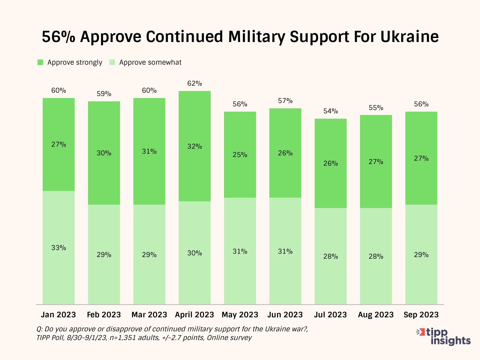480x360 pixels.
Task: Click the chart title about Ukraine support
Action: (x=240, y=37)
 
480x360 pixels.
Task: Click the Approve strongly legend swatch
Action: (x=40, y=62)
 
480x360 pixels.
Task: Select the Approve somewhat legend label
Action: (x=150, y=62)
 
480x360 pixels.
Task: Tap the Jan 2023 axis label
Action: (x=58, y=315)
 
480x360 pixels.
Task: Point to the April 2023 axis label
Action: (x=194, y=315)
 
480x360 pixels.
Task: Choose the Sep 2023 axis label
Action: (x=421, y=315)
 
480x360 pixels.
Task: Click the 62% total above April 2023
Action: (x=195, y=83)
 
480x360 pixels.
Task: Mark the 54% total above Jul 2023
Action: (x=331, y=111)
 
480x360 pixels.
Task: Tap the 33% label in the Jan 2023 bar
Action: (x=59, y=248)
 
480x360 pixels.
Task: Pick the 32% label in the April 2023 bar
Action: (x=195, y=146)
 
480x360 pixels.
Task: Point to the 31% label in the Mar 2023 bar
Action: (x=149, y=151)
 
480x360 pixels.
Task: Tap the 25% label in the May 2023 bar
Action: (x=240, y=155)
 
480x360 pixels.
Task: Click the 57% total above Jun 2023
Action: (x=285, y=101)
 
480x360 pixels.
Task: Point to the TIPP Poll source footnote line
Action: (x=144, y=338)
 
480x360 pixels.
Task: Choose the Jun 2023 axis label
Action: (x=285, y=315)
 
